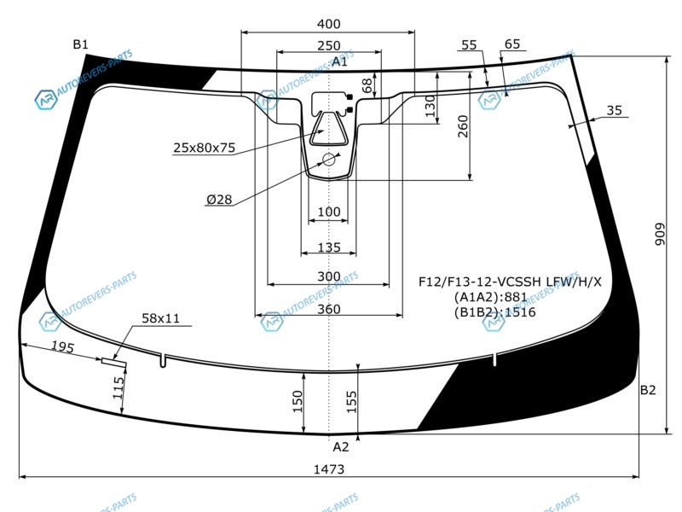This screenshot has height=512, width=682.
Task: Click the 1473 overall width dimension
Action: [x=329, y=469]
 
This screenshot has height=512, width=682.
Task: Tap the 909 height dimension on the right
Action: [x=660, y=234]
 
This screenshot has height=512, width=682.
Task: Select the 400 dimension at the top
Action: [x=328, y=24]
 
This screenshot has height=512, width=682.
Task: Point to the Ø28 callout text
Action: [x=219, y=200]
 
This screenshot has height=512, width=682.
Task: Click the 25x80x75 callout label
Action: [x=204, y=148]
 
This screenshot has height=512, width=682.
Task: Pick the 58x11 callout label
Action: [x=160, y=318]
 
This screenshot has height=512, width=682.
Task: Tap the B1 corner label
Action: [x=80, y=44]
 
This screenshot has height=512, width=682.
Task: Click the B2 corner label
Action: [x=648, y=390]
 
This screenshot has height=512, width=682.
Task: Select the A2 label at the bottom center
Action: [x=340, y=447]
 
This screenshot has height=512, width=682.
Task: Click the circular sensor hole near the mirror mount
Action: [x=329, y=160]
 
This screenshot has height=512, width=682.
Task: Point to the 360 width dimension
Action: [x=328, y=309]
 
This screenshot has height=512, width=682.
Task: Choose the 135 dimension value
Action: [x=329, y=247]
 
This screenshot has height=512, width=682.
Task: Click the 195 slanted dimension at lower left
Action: [x=62, y=346]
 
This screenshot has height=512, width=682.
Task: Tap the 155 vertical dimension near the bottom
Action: [x=351, y=401]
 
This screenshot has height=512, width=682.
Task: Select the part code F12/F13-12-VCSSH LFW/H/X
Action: [x=510, y=282]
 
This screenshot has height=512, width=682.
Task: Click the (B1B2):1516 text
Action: [x=494, y=312]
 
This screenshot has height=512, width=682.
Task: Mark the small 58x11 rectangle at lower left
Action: [x=114, y=361]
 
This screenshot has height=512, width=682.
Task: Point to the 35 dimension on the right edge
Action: [x=614, y=111]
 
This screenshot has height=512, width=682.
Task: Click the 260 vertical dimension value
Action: [x=463, y=126]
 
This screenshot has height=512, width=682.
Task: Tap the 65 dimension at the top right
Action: [x=512, y=44]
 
